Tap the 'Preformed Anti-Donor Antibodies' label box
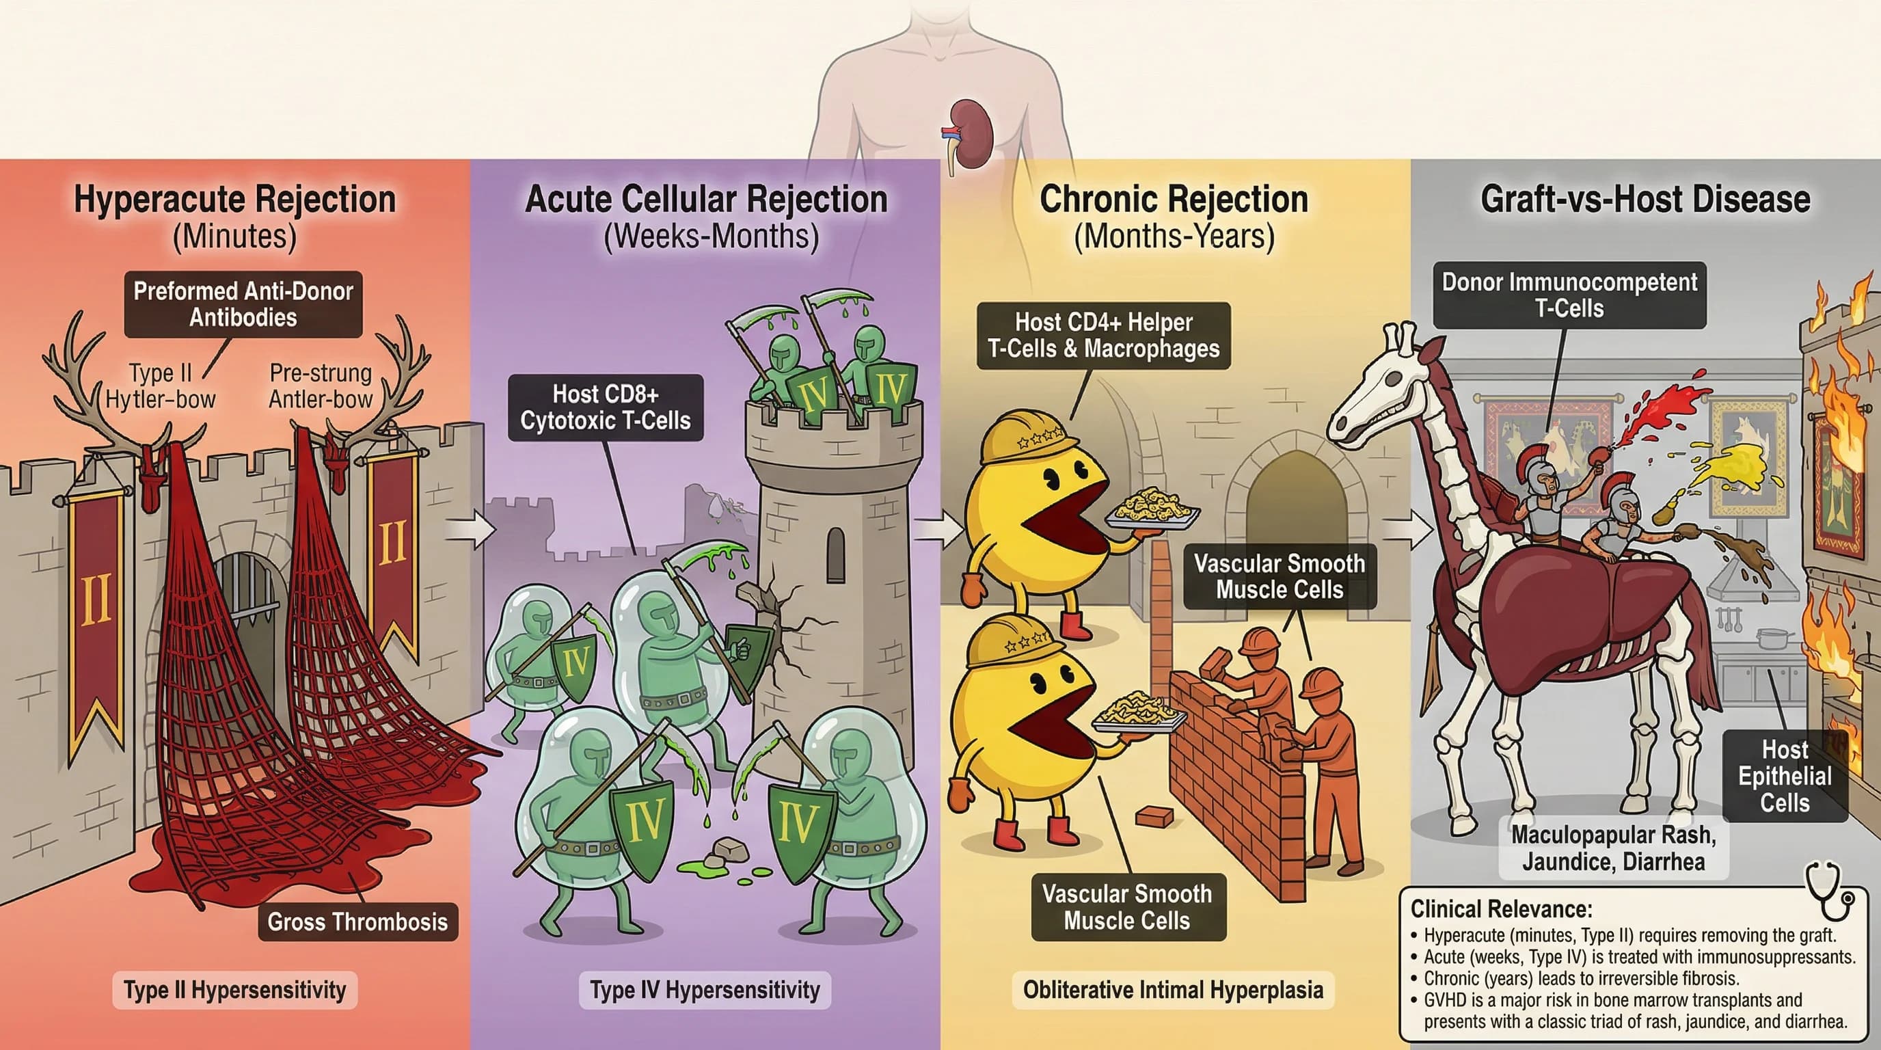point(243,304)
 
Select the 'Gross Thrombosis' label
point(357,921)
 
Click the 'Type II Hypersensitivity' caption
point(234,990)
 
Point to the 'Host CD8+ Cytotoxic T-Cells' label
point(606,407)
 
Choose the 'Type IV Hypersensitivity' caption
point(705,990)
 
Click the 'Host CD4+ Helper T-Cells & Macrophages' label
point(1102,335)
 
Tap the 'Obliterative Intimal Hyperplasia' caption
point(1173,990)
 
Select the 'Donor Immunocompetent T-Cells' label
point(1569,295)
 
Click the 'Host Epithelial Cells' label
point(1785,776)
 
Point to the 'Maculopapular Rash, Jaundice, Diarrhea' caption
point(1613,848)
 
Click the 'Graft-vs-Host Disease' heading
point(1645,200)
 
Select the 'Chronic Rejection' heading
point(1174,200)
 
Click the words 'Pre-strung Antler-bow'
point(321,386)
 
